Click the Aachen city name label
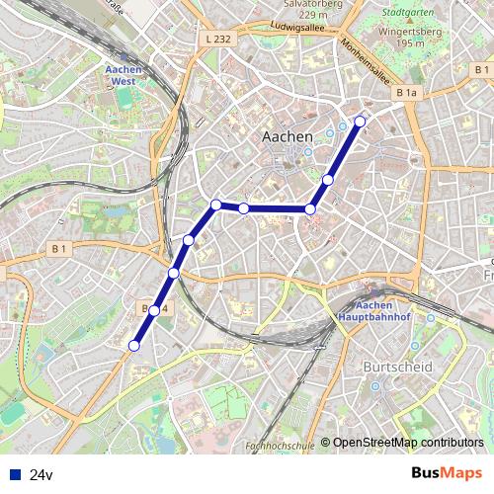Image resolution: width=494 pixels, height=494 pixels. (x=287, y=136)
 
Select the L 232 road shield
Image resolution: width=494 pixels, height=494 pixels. (x=220, y=39)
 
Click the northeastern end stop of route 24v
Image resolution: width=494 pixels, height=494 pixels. (x=360, y=122)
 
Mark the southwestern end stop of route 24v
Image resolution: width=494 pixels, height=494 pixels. (x=134, y=346)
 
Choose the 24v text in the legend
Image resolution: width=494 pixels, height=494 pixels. (x=41, y=475)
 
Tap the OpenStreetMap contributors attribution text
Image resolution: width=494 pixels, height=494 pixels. (x=408, y=444)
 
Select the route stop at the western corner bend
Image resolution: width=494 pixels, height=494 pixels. (x=215, y=205)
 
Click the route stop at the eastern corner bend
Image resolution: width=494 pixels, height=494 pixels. (x=310, y=208)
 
